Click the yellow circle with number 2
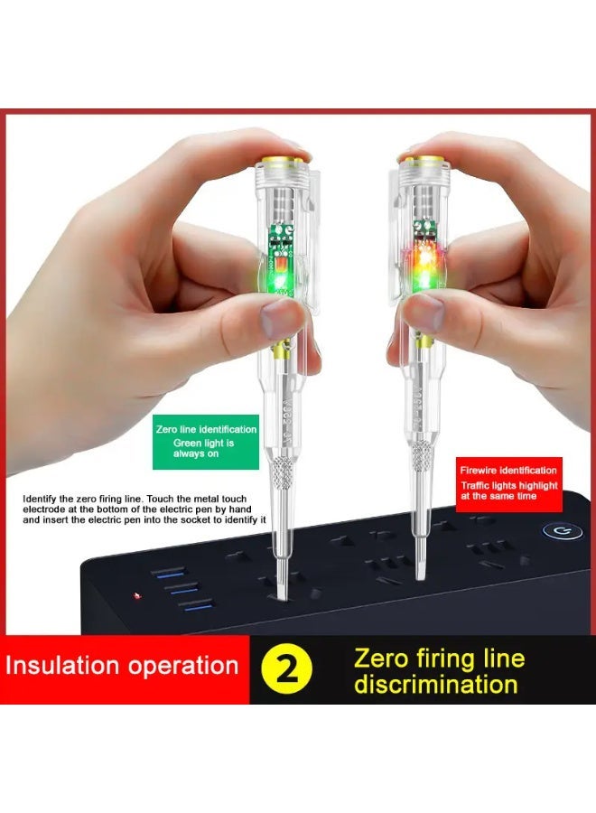[x=288, y=669]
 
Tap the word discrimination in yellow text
[x=436, y=684]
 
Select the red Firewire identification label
[x=508, y=483]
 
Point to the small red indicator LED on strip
[x=135, y=596]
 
